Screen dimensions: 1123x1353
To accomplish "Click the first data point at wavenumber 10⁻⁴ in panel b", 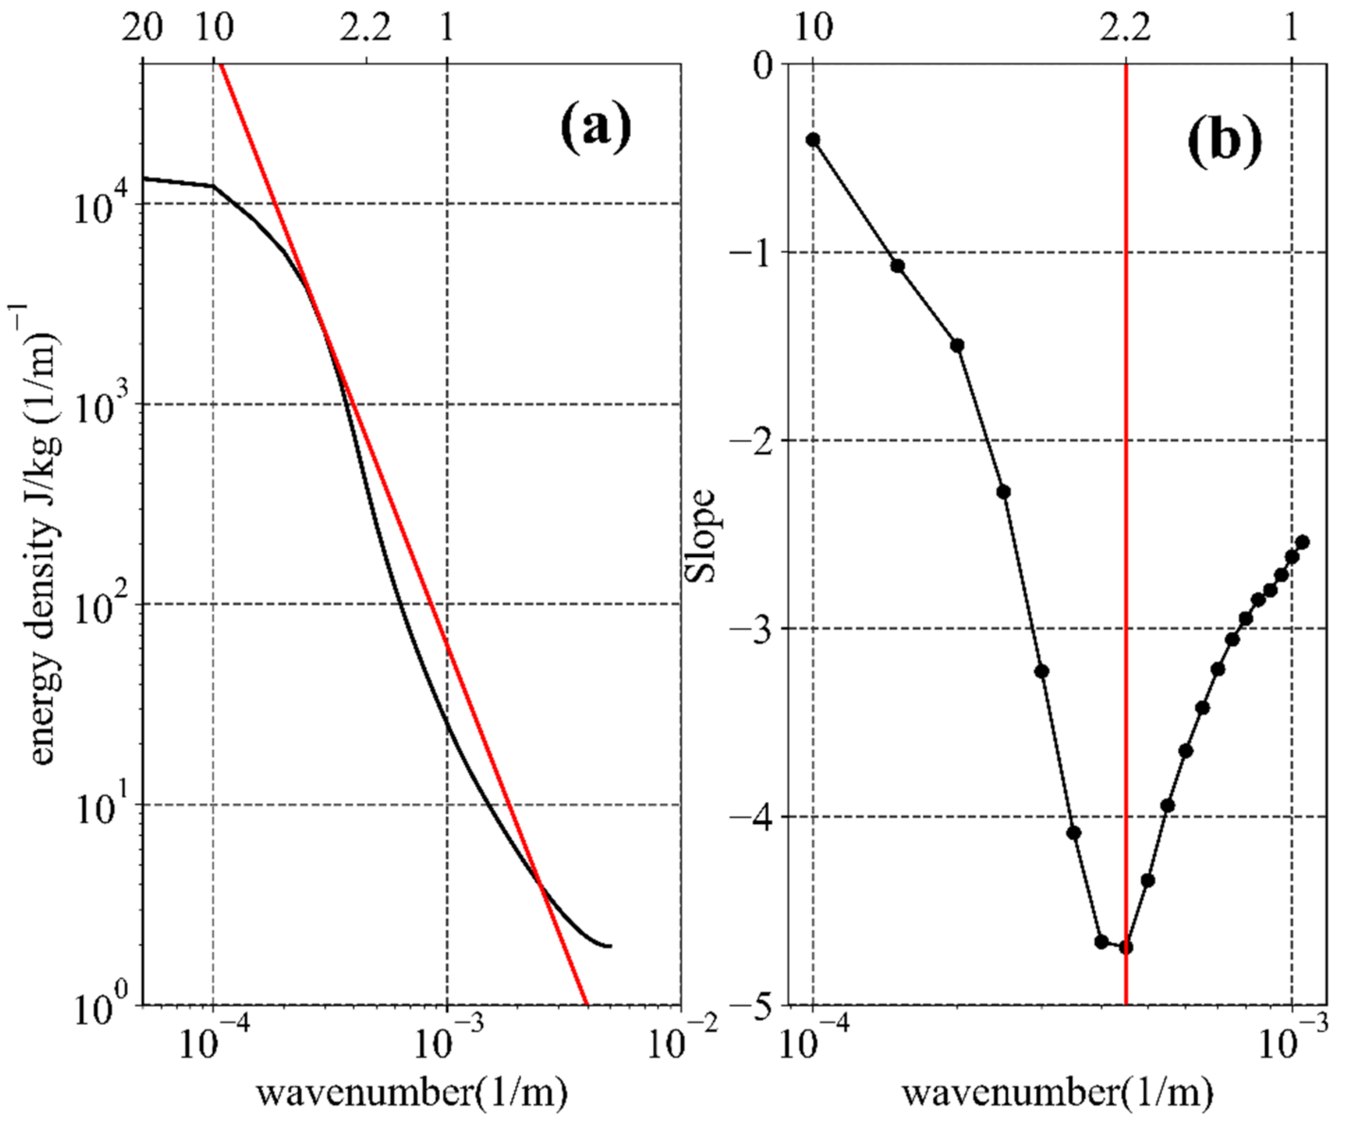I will [813, 140].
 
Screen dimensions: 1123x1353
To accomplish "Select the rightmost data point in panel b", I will [1302, 542].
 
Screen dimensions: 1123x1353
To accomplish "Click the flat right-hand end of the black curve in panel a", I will [606, 946].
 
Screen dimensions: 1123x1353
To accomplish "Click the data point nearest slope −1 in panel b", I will [897, 266].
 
